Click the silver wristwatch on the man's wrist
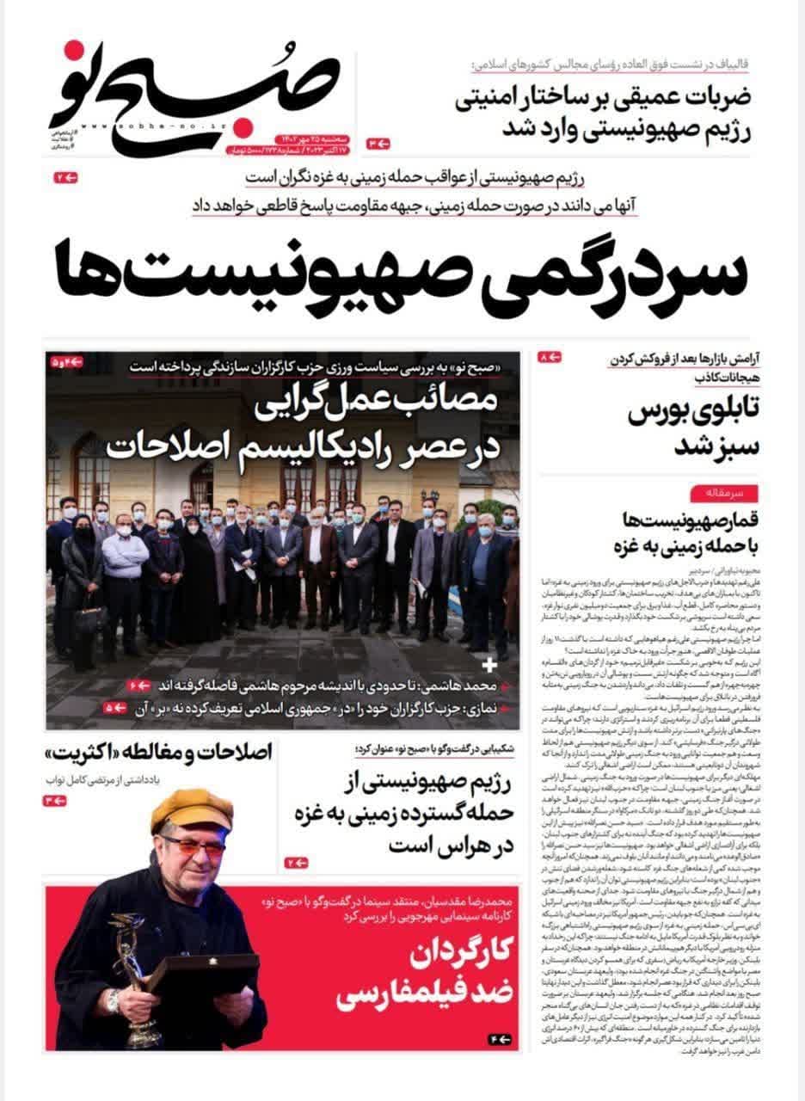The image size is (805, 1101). [x=114, y=1001]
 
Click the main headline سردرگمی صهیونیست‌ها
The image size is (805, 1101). [x=402, y=268]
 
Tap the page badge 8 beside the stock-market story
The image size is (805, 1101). [x=549, y=357]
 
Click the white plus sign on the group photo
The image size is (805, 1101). [x=490, y=665]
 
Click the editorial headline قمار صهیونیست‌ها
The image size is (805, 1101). [x=685, y=532]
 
